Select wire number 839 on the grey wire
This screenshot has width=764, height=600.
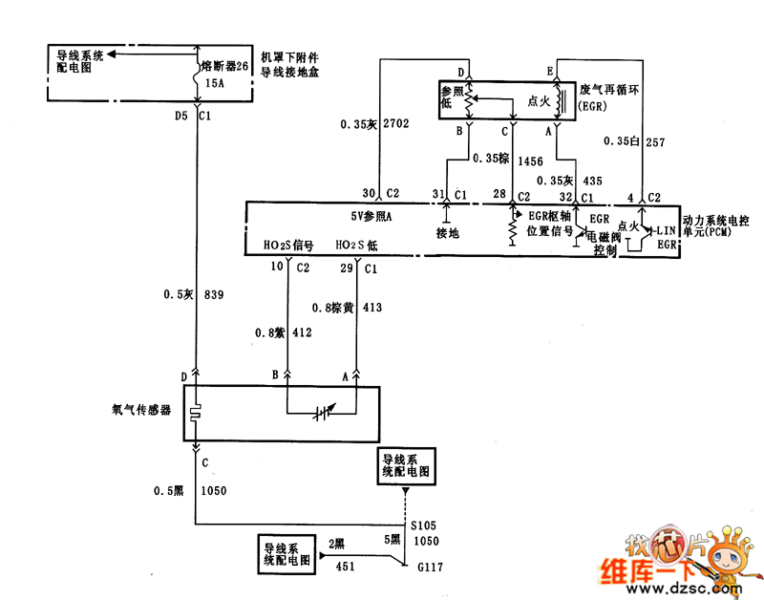click(214, 295)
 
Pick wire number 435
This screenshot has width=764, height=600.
click(592, 180)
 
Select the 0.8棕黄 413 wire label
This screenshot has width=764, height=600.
click(347, 308)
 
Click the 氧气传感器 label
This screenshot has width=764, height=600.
click(141, 409)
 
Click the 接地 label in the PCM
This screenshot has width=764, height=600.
click(447, 232)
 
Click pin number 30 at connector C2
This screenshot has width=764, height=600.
click(369, 194)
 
